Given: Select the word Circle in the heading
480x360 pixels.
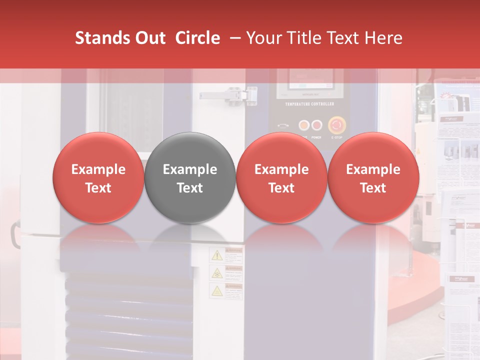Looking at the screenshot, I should tap(197, 38).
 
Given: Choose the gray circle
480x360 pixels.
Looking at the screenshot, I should tap(190, 178).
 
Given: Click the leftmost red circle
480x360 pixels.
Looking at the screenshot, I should tap(98, 178).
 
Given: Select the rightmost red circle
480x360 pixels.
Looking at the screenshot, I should tap(373, 178).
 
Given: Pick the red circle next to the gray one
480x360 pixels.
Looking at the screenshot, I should tap(281, 178).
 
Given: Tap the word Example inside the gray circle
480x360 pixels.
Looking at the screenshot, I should tap(190, 169).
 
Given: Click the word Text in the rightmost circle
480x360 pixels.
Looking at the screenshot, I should tap(373, 188).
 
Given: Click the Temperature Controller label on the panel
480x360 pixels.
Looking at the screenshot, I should tap(309, 104).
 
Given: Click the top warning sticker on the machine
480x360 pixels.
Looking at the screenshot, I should tap(226, 255).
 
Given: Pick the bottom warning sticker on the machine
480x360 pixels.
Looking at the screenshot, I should tap(226, 290).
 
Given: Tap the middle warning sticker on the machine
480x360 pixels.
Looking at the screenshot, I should tap(226, 273).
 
